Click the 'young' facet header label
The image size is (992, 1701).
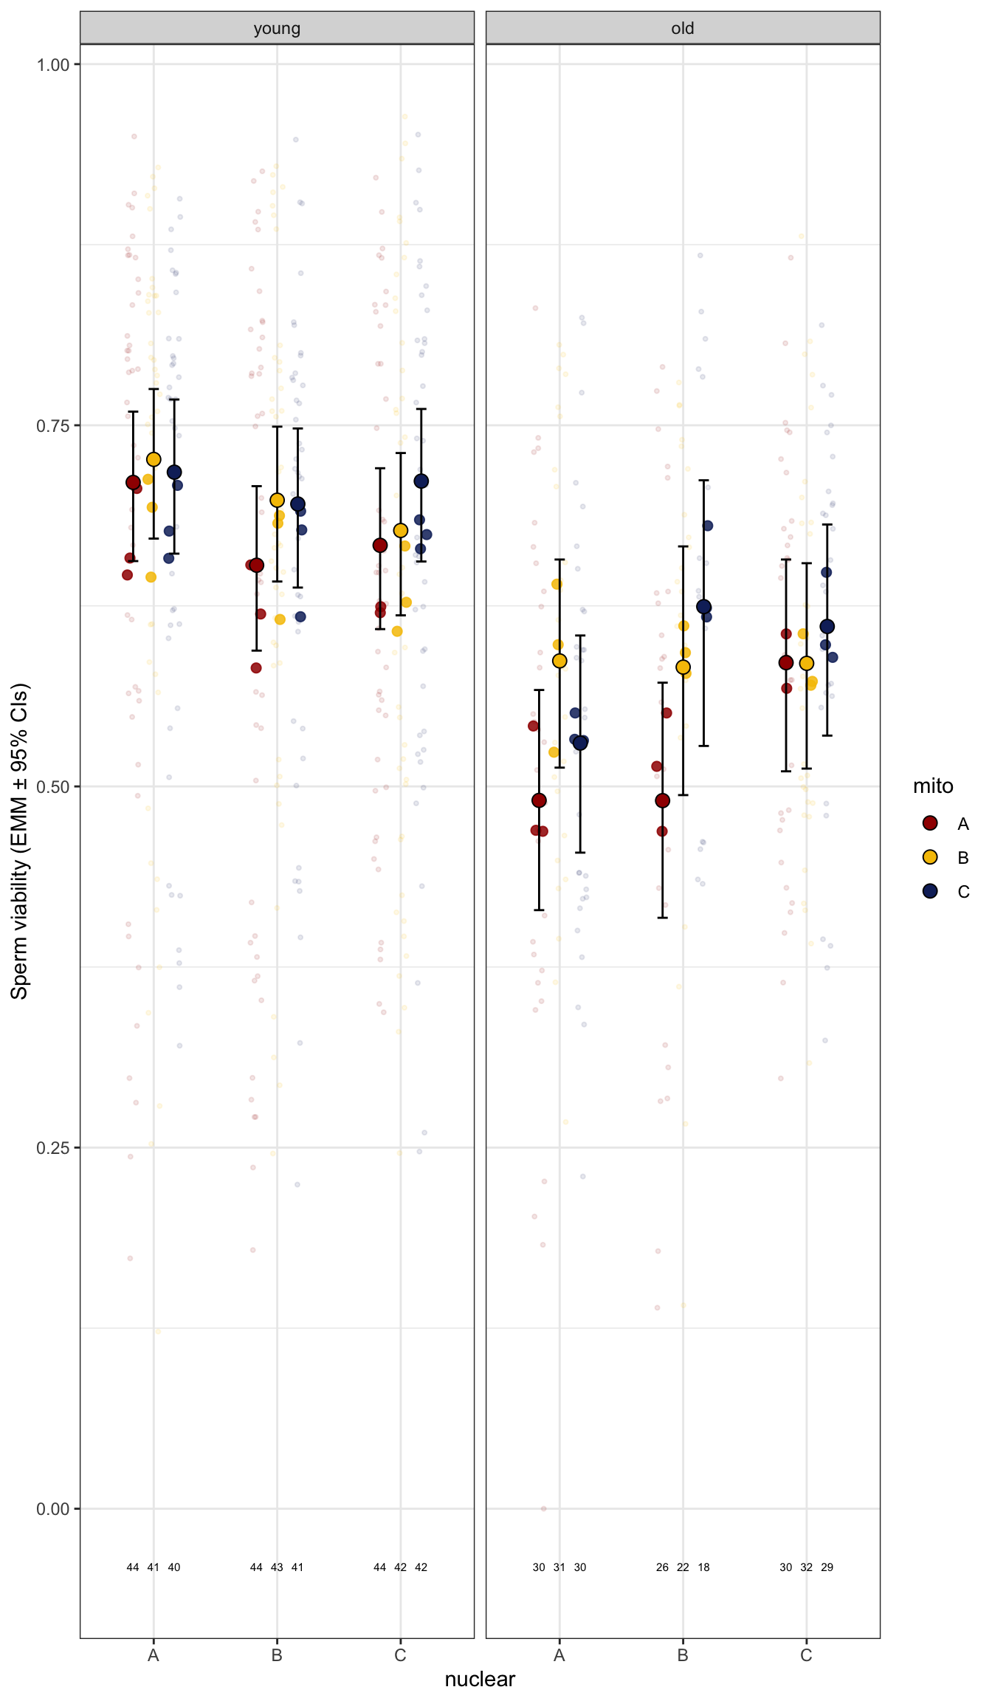point(277,29)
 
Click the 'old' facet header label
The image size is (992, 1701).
point(683,29)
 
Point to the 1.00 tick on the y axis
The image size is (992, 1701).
point(53,65)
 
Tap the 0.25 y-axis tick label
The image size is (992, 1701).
point(53,1148)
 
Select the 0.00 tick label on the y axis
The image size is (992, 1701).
point(53,1509)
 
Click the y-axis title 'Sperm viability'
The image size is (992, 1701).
point(20,841)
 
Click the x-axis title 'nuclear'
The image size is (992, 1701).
point(480,1679)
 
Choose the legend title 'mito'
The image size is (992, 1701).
point(933,786)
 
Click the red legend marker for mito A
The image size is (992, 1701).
point(930,823)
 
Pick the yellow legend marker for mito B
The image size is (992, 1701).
point(930,857)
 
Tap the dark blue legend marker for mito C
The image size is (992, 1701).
point(930,891)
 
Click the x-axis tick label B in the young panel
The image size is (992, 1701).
point(277,1655)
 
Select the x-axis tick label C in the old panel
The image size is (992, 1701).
point(806,1655)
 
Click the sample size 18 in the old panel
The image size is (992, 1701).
point(703,1567)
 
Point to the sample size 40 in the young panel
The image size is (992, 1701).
point(174,1567)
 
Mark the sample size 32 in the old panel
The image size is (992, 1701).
point(807,1567)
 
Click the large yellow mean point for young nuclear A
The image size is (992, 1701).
point(154,459)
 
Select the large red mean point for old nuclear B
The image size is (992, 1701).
point(663,800)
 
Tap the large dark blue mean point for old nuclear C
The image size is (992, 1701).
point(827,626)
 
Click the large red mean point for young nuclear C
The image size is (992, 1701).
point(380,545)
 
